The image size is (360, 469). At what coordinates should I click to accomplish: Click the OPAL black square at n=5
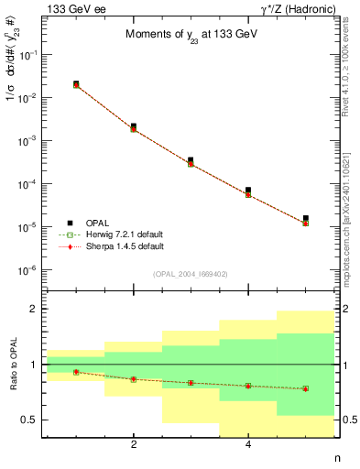[x=305, y=218]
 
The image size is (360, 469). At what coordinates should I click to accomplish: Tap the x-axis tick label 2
[x=134, y=445]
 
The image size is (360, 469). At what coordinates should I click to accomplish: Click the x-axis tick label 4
[x=248, y=445]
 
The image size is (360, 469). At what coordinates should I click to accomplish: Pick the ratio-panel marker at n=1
[x=76, y=372]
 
